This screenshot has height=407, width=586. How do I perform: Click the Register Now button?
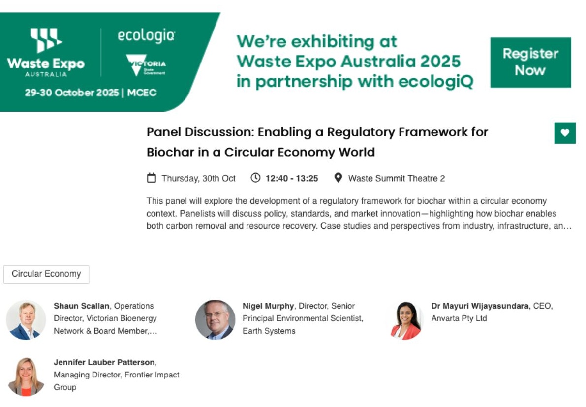pos(530,62)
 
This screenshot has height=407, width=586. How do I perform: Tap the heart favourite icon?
pos(564,133)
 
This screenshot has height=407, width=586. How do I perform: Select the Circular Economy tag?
pos(46,274)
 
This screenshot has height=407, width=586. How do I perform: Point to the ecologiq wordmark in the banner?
pos(146,36)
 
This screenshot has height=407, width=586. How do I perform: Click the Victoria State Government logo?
pos(146,65)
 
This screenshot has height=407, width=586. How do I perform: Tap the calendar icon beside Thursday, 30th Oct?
pos(152,178)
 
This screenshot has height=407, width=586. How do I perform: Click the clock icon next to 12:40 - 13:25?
pos(255,178)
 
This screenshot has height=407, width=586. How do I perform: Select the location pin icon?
pos(338,178)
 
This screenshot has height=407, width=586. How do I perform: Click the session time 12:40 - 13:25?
pos(292,178)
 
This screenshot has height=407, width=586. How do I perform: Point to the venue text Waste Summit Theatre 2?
pos(396,178)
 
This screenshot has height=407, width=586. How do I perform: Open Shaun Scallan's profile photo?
pos(26,319)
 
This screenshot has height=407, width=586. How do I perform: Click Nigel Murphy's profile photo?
pos(215,319)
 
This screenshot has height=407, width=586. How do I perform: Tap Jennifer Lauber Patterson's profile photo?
pos(26,376)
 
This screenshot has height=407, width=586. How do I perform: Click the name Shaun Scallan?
pos(81,306)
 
